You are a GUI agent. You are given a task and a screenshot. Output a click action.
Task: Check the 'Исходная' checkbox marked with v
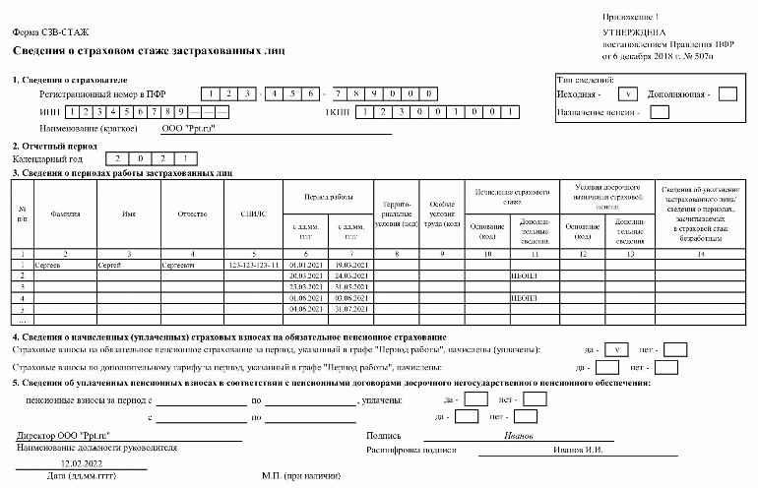(627, 94)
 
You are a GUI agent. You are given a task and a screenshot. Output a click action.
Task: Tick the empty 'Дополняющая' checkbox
(727, 94)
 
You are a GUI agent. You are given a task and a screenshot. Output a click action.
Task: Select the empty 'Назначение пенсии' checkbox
(660, 111)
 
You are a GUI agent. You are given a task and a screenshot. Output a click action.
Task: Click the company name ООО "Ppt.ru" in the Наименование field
(188, 128)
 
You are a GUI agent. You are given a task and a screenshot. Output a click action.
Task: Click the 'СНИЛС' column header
(253, 213)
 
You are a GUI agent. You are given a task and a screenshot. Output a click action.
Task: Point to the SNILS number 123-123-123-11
(253, 266)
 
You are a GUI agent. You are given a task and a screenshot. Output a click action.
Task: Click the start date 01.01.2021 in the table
(306, 266)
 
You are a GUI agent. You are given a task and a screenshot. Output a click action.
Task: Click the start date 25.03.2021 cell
(306, 287)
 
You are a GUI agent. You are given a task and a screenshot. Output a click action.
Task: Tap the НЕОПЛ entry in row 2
(523, 276)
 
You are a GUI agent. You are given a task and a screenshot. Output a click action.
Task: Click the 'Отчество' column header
(193, 213)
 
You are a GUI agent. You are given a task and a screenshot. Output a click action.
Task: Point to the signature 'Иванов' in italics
(518, 435)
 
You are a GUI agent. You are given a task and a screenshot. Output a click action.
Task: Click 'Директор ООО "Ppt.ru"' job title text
(63, 435)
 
